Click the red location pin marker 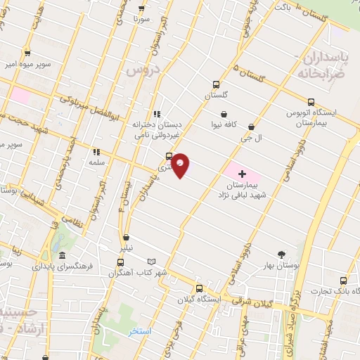click(181, 165)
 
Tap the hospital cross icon click(243, 173)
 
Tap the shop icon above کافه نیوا click(224, 114)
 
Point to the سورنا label click(143, 20)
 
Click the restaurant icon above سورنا click(142, 9)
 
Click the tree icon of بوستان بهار click(282, 255)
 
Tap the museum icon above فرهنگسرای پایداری click(63, 256)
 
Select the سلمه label click(96, 162)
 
